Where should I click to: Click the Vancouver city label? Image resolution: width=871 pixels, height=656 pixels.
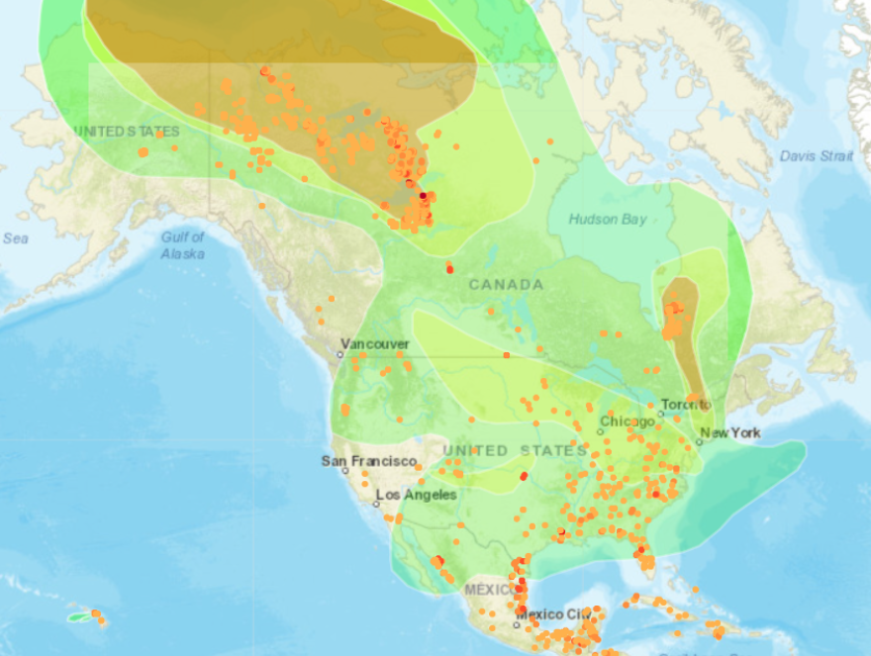375,343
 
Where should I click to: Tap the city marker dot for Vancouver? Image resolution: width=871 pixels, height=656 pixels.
340,353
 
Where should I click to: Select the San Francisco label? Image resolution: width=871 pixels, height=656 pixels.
368,461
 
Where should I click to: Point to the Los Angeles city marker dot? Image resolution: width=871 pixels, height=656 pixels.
378,504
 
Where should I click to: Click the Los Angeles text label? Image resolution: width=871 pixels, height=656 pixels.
416,495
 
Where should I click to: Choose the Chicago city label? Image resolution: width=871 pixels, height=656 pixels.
627,422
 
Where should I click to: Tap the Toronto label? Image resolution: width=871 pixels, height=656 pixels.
686,405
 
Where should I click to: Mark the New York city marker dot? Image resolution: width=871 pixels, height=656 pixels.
698,442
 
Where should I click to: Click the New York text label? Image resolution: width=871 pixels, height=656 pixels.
730,432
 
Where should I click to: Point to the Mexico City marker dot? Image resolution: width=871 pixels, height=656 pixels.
517,624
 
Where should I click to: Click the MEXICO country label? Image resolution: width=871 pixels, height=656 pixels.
488,590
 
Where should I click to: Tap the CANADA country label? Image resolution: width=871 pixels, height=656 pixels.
506,285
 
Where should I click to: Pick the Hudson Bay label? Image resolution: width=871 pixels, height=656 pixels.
608,219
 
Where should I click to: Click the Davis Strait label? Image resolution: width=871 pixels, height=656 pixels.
816,155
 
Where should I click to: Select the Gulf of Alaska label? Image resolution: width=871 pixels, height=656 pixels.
183,245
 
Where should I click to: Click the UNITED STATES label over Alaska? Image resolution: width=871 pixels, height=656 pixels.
127,132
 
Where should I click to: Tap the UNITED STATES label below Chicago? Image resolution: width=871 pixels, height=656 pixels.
515,451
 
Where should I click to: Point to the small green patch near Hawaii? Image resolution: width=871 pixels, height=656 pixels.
78,616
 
